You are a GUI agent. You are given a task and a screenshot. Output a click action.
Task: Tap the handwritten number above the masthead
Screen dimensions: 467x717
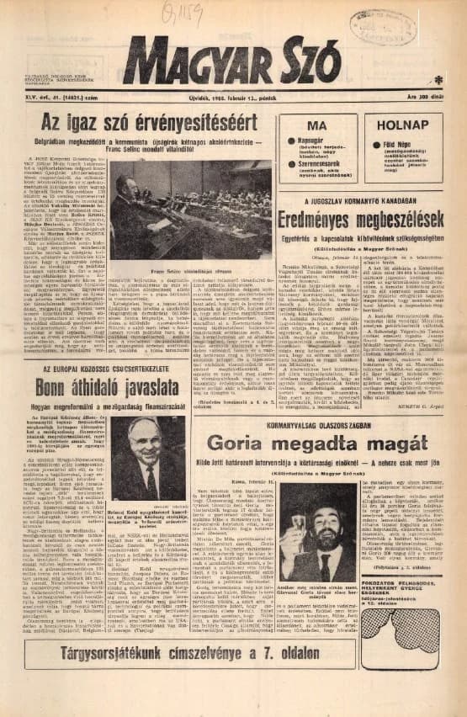(x=183, y=11)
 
